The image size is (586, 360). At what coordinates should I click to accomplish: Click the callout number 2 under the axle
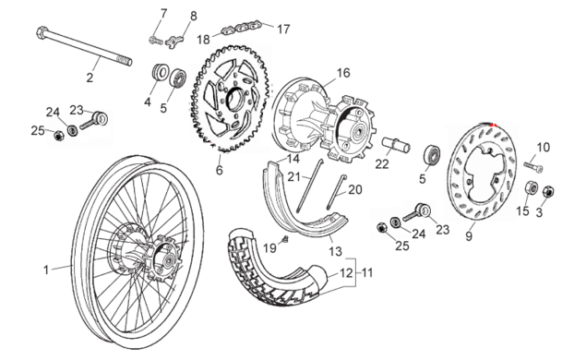pos(90,78)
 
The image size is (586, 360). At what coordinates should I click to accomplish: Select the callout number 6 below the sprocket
pos(220,170)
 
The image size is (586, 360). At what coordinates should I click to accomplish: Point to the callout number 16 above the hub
pos(343,73)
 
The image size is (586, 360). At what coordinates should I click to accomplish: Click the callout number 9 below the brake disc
pos(469,236)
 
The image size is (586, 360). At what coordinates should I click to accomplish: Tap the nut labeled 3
pos(548,192)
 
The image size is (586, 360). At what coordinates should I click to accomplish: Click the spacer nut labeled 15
pos(532,187)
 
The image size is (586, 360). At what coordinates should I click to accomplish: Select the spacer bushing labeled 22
pos(395,145)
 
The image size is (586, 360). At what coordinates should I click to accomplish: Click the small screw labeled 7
pos(156,40)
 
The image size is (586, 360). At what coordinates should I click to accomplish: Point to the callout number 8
pos(193,17)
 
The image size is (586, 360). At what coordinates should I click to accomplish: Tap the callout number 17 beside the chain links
pos(283,30)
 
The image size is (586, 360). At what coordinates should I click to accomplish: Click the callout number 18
pos(204,40)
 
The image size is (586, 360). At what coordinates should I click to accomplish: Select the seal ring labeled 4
pos(160,72)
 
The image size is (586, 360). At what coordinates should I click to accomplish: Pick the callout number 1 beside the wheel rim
pos(46,270)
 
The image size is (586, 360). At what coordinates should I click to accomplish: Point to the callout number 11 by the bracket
pos(367,272)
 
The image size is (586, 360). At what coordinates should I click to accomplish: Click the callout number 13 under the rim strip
pos(335,251)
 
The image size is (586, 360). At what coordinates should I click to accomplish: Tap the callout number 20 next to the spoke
pos(355,190)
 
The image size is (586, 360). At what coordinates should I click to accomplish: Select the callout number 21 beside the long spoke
pos(294,177)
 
